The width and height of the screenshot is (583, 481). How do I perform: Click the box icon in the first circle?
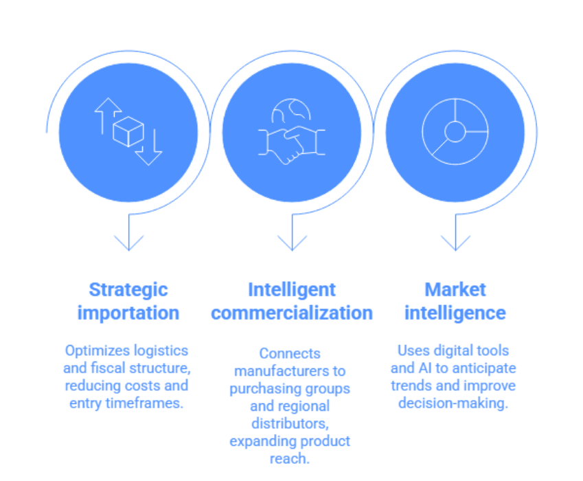(128, 131)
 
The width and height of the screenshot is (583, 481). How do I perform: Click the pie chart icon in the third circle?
(455, 131)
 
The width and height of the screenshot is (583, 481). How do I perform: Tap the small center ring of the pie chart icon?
(455, 131)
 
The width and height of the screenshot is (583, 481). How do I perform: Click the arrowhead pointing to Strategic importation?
(128, 241)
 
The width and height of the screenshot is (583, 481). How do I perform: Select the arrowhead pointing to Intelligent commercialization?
(292, 241)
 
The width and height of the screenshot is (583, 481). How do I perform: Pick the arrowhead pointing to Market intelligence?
(455, 241)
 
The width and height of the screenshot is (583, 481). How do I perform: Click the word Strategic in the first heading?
(128, 289)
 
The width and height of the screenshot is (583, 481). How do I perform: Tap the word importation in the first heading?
(128, 313)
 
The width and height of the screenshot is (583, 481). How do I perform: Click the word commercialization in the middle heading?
(292, 313)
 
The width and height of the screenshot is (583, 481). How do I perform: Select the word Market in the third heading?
(455, 289)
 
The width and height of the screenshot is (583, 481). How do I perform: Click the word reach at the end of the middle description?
(291, 458)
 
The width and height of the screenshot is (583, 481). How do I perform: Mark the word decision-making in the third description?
(454, 403)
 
